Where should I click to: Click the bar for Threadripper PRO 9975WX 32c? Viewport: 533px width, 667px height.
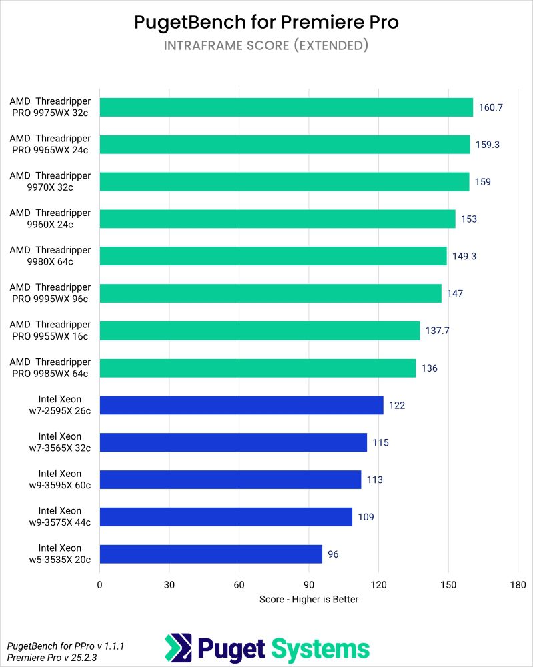(286, 107)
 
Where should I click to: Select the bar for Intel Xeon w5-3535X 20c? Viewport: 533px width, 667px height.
(211, 554)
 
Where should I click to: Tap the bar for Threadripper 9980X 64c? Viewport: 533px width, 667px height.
(273, 256)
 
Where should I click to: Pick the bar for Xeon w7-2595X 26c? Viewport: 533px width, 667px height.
(241, 405)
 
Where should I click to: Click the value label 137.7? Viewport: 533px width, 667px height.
(438, 331)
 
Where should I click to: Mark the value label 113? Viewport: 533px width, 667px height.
(374, 480)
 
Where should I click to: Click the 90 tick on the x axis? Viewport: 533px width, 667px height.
(309, 585)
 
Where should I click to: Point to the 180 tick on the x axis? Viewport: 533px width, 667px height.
(518, 585)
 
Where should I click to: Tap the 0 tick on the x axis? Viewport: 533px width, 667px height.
(100, 585)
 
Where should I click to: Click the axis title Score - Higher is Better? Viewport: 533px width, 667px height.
(309, 599)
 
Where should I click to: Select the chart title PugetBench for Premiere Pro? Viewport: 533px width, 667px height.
(266, 22)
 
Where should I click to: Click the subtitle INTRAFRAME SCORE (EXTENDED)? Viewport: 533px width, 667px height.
(266, 46)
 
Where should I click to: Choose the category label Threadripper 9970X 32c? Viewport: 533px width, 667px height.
(49, 181)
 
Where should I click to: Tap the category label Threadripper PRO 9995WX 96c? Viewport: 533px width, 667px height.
(49, 293)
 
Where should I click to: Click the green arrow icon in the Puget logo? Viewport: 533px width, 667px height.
(177, 648)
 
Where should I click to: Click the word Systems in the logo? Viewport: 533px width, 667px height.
(319, 648)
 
